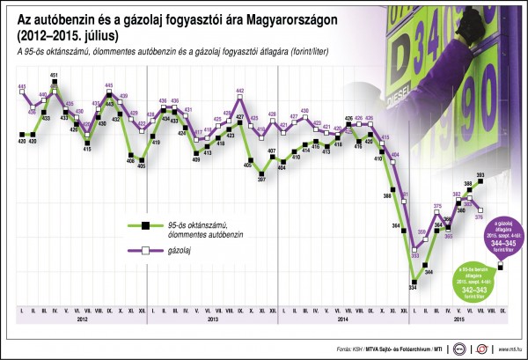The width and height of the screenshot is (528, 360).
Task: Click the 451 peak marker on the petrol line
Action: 55,85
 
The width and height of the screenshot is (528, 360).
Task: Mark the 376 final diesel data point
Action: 480,209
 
